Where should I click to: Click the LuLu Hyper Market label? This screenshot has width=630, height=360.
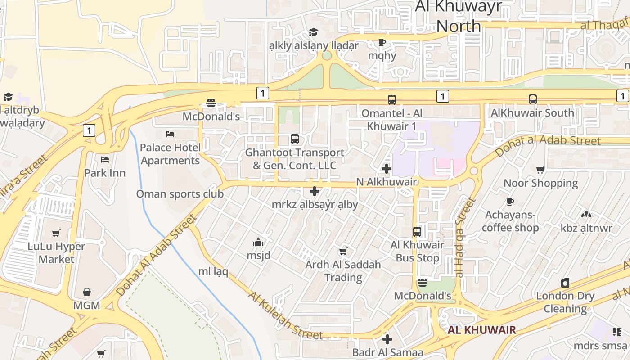(x=56, y=253)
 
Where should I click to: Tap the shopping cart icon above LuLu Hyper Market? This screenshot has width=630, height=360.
(x=56, y=233)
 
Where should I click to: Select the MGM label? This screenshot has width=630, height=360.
(x=87, y=305)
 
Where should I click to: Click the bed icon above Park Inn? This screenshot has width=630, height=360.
(x=105, y=160)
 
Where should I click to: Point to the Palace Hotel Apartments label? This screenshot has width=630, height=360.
(x=170, y=154)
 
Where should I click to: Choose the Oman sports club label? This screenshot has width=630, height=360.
(x=180, y=194)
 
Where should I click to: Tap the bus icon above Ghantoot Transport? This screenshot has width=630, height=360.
(x=295, y=139)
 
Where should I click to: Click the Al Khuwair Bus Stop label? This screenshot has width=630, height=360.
(x=418, y=252)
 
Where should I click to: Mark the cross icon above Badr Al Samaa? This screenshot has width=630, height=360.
(x=387, y=339)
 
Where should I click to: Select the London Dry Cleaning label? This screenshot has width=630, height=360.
(x=565, y=302)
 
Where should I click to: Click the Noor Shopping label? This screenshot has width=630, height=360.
(x=540, y=183)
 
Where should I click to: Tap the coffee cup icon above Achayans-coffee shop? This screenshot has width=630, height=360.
(x=510, y=202)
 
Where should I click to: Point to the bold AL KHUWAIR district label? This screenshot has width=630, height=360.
(x=481, y=330)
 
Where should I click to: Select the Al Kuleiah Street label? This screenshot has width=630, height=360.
(x=285, y=315)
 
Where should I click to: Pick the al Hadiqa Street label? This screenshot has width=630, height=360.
(x=465, y=237)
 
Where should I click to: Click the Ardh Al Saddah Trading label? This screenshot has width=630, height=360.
(x=343, y=271)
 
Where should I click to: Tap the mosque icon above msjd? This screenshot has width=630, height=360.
(x=258, y=243)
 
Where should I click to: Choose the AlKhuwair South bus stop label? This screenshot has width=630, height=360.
(x=532, y=112)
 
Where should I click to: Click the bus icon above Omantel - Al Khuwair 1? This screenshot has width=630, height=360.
(x=392, y=100)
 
